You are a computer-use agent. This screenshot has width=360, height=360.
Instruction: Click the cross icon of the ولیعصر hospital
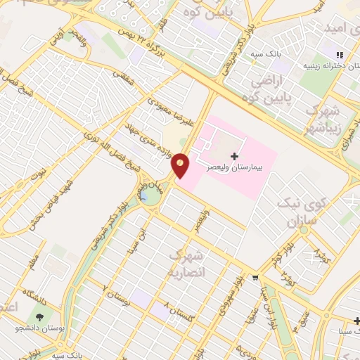234,155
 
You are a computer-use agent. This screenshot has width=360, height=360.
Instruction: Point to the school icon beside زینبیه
340,55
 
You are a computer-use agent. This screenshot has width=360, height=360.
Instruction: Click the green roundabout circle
150,196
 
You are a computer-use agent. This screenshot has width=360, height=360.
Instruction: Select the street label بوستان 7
117,295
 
